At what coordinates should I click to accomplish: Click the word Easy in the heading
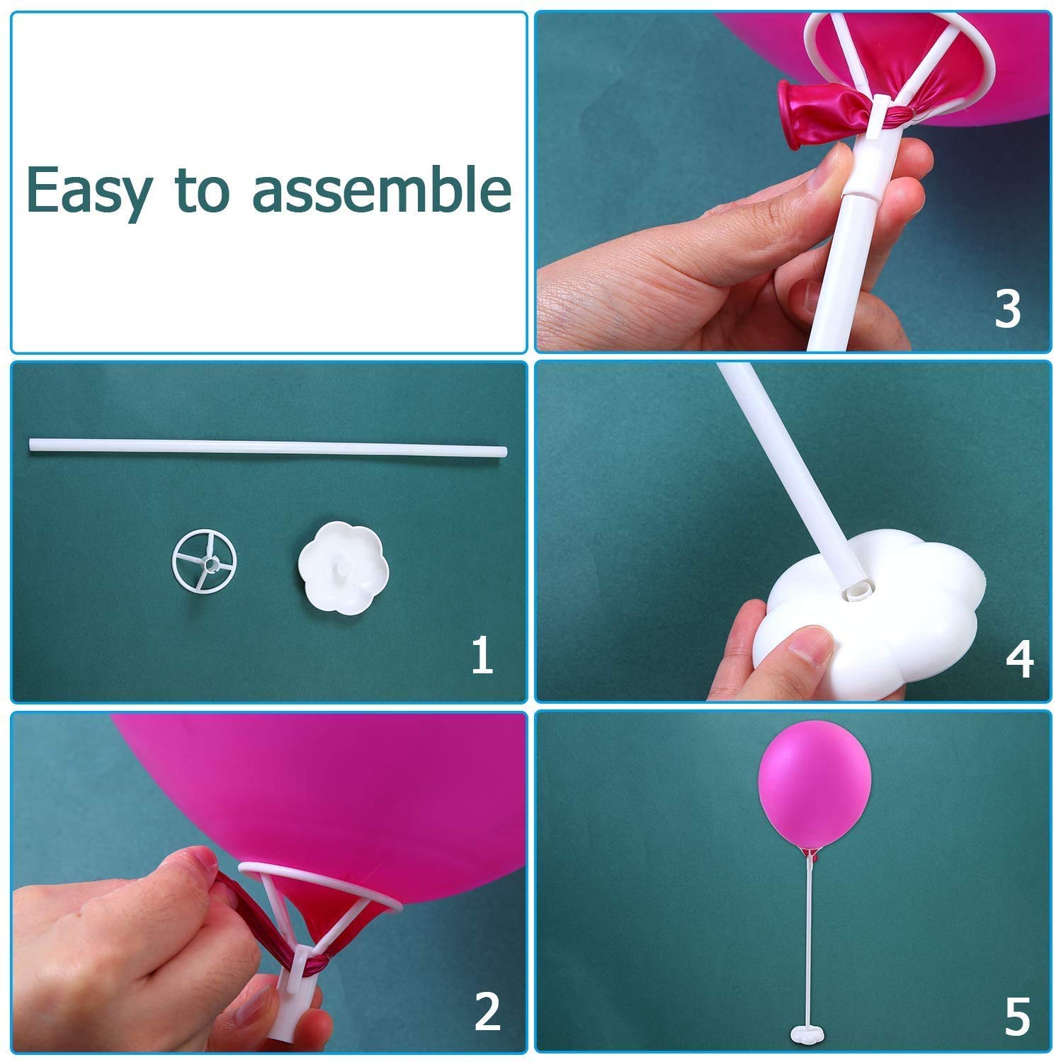click(88, 190)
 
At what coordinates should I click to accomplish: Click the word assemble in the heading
click(382, 189)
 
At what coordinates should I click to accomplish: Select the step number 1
click(482, 655)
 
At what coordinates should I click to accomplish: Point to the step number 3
click(1007, 309)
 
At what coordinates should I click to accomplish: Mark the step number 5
click(1017, 1017)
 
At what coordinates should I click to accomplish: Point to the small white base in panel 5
click(808, 1037)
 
